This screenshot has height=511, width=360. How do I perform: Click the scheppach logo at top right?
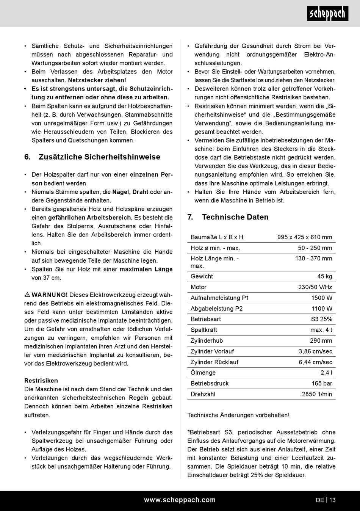point(327,14)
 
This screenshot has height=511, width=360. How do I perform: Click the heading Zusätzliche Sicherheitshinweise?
point(99,157)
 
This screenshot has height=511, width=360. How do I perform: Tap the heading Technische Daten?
point(235,217)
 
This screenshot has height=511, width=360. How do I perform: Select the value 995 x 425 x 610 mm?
point(305,237)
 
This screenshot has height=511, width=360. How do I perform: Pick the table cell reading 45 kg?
point(325,276)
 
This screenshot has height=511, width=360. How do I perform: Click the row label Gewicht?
point(202,276)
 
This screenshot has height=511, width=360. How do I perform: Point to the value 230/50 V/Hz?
point(315,287)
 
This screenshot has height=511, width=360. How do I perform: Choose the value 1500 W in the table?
point(322,298)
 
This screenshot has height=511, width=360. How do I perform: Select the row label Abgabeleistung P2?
point(216,309)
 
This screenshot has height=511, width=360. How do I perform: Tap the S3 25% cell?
point(321,319)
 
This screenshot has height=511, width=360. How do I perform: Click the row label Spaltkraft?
point(204,330)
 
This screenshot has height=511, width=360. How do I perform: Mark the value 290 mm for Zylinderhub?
point(321,340)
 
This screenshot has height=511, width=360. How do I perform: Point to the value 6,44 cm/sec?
point(315,362)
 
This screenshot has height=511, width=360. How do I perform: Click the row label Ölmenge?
point(203,373)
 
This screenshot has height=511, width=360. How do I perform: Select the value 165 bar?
point(322,383)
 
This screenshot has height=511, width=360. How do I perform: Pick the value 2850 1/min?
point(317,394)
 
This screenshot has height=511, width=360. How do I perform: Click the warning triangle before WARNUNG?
point(27,295)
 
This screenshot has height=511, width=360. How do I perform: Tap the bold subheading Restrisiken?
point(41,381)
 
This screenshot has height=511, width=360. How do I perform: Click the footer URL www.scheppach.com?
point(180,500)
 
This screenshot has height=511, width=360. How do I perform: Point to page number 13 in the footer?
point(332,500)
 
